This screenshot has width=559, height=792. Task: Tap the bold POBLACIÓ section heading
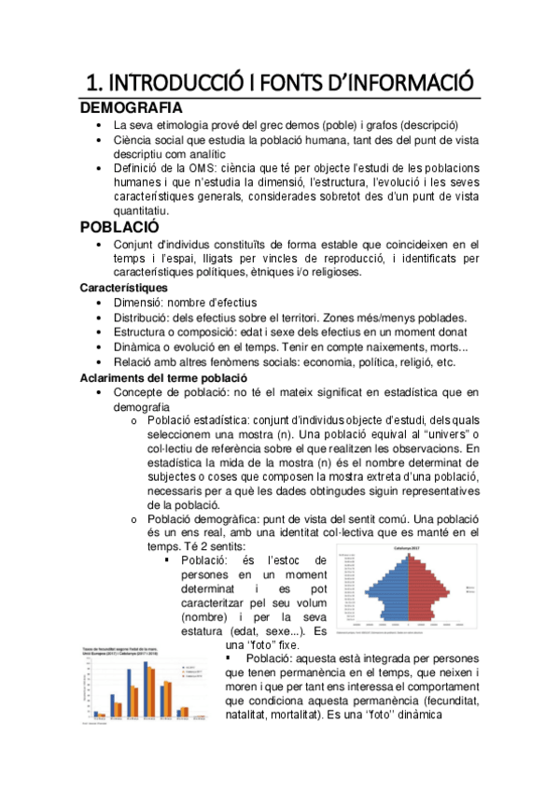pos(119,226)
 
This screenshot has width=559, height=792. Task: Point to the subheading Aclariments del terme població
pos(163,377)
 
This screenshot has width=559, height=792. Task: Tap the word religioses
pos(330,272)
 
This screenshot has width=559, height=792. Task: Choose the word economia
pos(341,362)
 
